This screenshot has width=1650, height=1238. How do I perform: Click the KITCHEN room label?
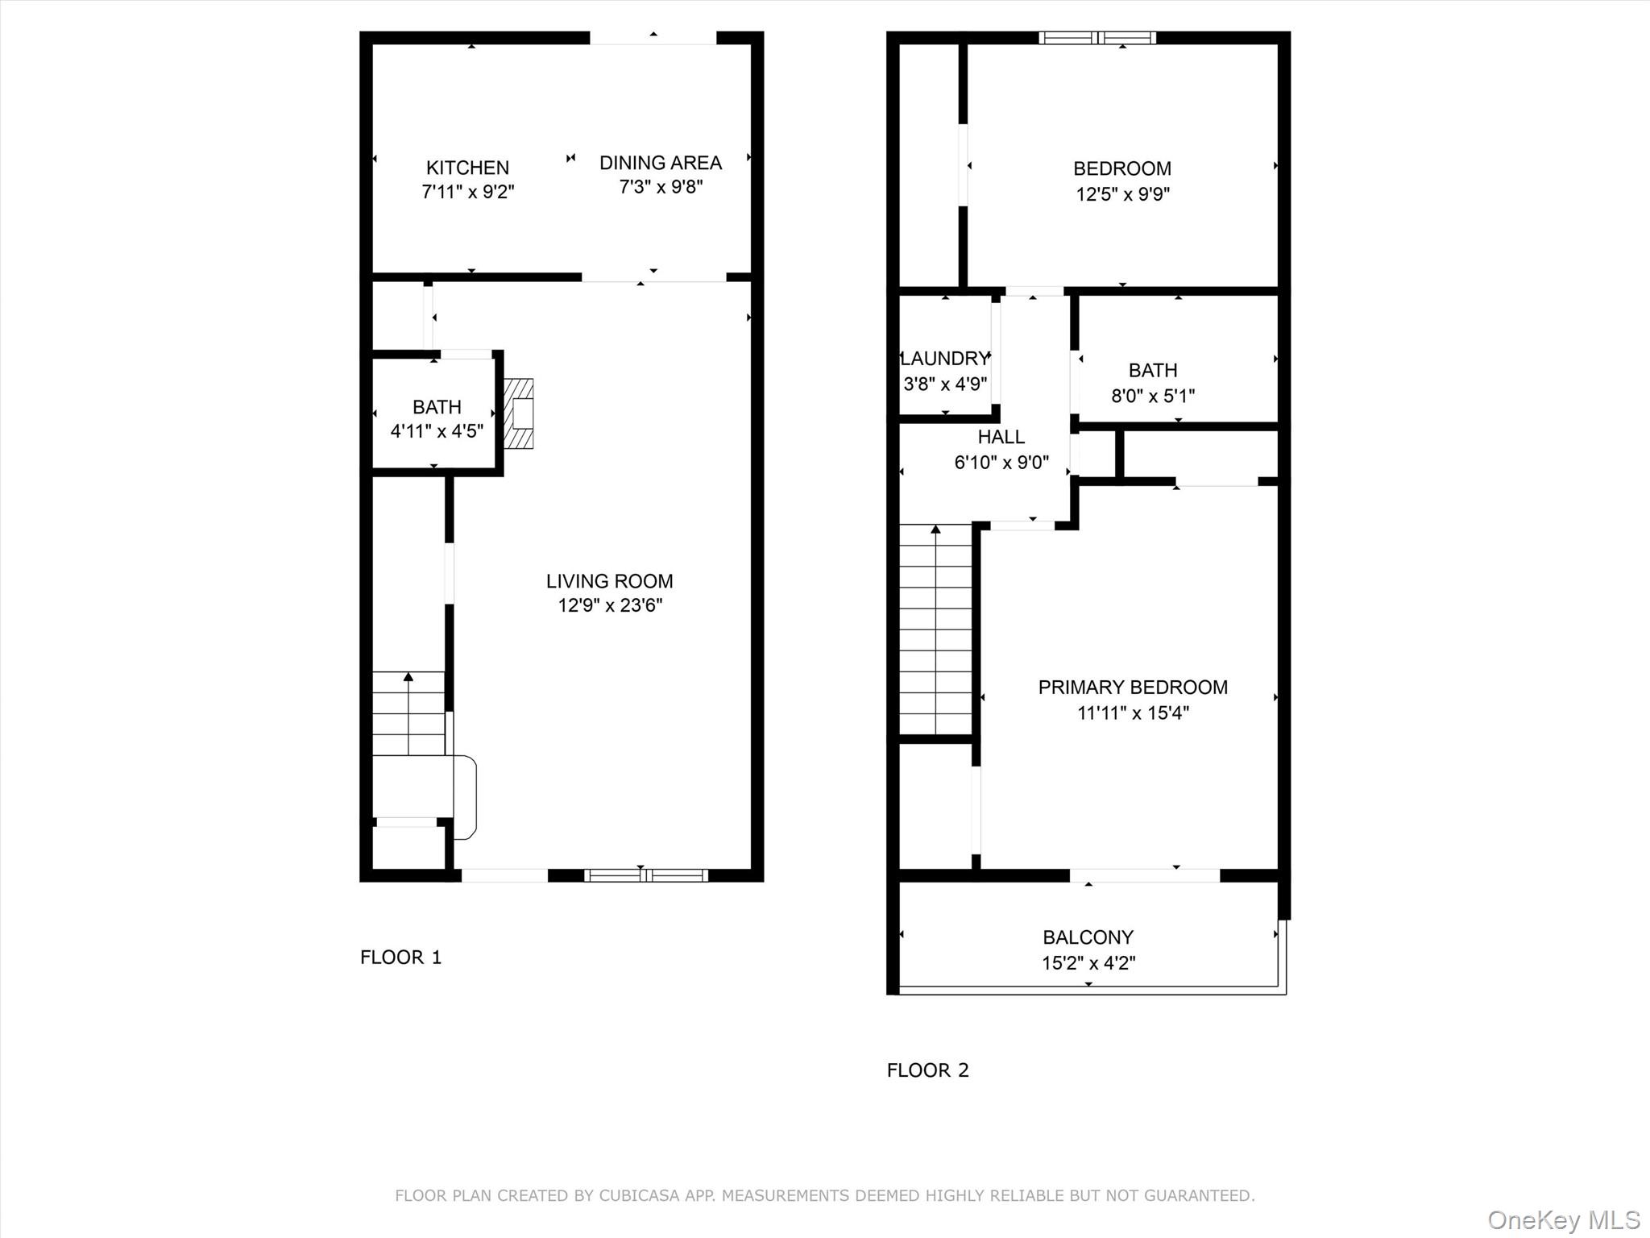coord(467,168)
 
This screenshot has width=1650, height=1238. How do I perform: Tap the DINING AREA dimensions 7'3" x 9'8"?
coord(661,187)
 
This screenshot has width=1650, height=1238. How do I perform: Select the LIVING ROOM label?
coord(609,581)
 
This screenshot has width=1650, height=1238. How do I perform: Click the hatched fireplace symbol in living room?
coord(520,413)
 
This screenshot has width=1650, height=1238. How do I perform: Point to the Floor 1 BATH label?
coord(437,407)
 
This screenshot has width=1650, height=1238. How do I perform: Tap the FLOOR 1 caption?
coord(400,957)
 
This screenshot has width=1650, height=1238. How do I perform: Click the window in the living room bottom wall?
coord(646,875)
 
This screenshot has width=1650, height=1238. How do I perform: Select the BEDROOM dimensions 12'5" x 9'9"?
coord(1122,194)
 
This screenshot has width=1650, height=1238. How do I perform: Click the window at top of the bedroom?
coord(1097,38)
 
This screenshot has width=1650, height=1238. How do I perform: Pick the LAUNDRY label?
coord(944,359)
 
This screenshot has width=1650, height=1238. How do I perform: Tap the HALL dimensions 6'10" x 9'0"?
coord(1001,463)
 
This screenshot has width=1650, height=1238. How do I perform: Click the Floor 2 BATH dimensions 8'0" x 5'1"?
coord(1153,396)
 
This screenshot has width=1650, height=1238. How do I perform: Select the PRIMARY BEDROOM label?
coord(1133,688)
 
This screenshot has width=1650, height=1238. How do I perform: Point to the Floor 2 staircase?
coord(935,629)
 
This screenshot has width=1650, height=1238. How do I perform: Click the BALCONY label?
coord(1088,937)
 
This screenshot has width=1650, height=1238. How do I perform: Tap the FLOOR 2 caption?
coord(927,1070)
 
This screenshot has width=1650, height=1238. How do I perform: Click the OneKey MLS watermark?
coord(1563,1219)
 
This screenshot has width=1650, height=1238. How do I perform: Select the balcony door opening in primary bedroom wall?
coord(1144,875)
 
